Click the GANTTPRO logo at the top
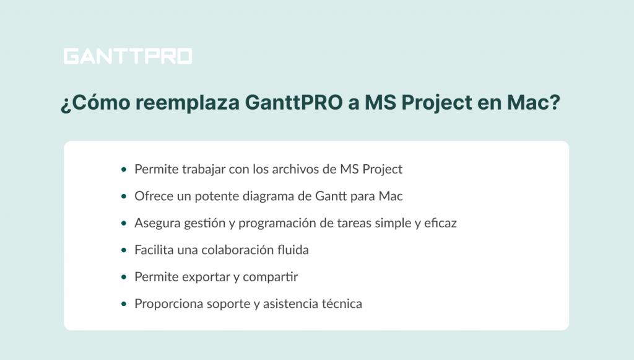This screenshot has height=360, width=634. pos(128,56)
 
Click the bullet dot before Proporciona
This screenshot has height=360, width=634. pos(124,304)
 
